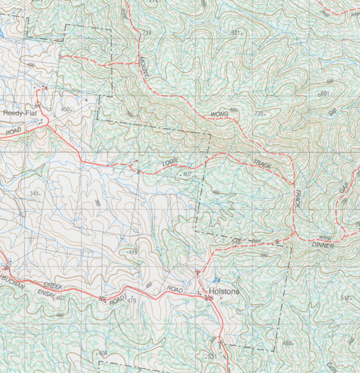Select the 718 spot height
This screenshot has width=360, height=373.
[146, 31]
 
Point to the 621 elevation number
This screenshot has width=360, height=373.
[235, 32]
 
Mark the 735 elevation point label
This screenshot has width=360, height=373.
[259, 114]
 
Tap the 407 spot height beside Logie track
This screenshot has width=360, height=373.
[187, 174]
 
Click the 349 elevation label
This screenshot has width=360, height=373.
[34, 193]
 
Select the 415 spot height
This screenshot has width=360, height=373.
[133, 252]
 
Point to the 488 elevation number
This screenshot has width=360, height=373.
[286, 343]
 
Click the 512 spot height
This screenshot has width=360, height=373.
[345, 298]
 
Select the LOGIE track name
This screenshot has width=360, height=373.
[170, 163]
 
